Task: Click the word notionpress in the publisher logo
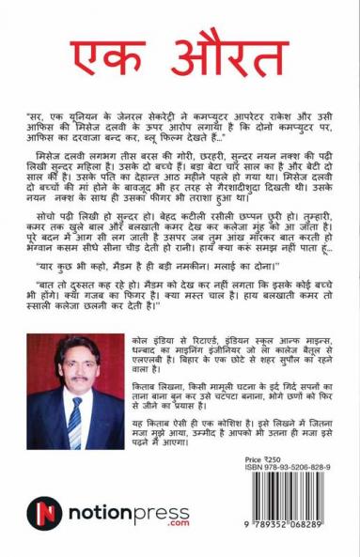click(107, 513)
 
